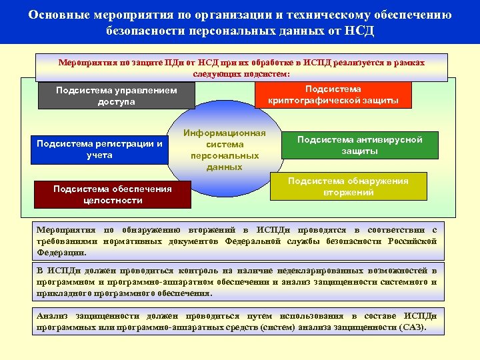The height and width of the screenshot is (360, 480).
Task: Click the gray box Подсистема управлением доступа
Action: (x=117, y=96)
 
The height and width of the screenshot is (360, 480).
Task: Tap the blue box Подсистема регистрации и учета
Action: (x=99, y=149)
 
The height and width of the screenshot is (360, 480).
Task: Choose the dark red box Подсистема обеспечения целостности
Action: (x=112, y=194)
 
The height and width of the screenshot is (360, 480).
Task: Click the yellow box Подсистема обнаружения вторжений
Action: (x=349, y=187)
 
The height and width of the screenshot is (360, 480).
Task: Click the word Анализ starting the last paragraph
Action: (x=53, y=316)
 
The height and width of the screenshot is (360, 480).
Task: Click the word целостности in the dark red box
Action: (x=113, y=200)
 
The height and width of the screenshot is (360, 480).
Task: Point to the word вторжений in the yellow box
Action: (x=349, y=192)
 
